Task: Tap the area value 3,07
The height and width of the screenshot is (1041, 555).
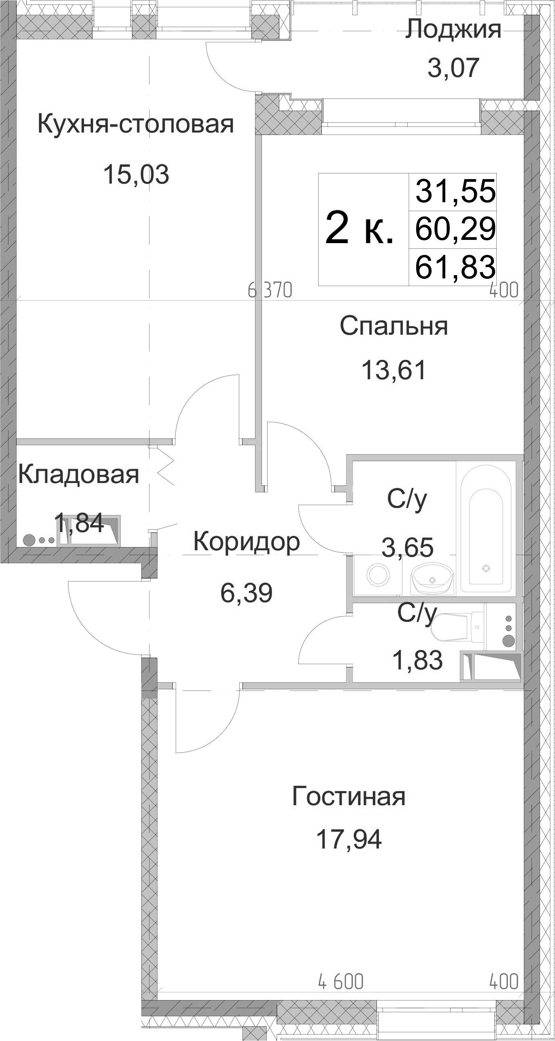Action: tap(453, 68)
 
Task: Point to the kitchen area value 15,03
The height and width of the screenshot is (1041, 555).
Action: tap(136, 174)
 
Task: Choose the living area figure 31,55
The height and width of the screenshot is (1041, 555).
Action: tap(455, 190)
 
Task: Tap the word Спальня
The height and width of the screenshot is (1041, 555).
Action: tap(394, 326)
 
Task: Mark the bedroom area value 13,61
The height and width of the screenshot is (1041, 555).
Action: tap(394, 370)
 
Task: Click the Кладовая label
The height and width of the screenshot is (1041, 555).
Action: tap(79, 475)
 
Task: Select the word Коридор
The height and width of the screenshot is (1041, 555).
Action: tap(247, 542)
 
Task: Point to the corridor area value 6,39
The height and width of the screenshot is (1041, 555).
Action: tap(246, 592)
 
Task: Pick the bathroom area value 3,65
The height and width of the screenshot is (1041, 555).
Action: tap(408, 547)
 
